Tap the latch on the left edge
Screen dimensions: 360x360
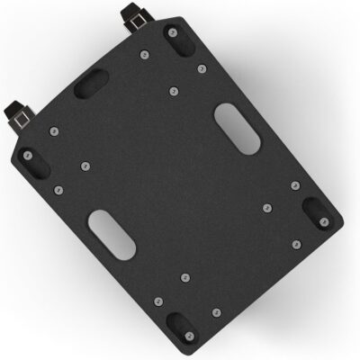[18, 113]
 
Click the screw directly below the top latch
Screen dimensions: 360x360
[144, 56]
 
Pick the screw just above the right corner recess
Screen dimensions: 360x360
[295, 185]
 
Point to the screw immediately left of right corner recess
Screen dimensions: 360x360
[266, 208]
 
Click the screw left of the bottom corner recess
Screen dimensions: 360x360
[158, 301]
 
